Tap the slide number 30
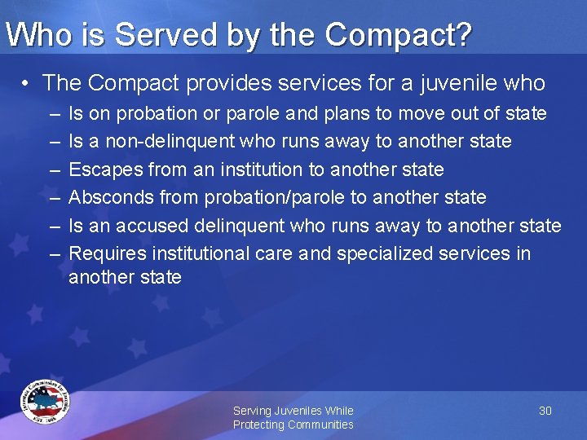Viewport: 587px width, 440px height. [x=545, y=411]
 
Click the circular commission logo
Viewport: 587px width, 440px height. [x=46, y=402]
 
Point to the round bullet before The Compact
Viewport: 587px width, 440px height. [x=27, y=83]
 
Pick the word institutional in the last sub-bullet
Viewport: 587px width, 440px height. [x=197, y=253]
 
